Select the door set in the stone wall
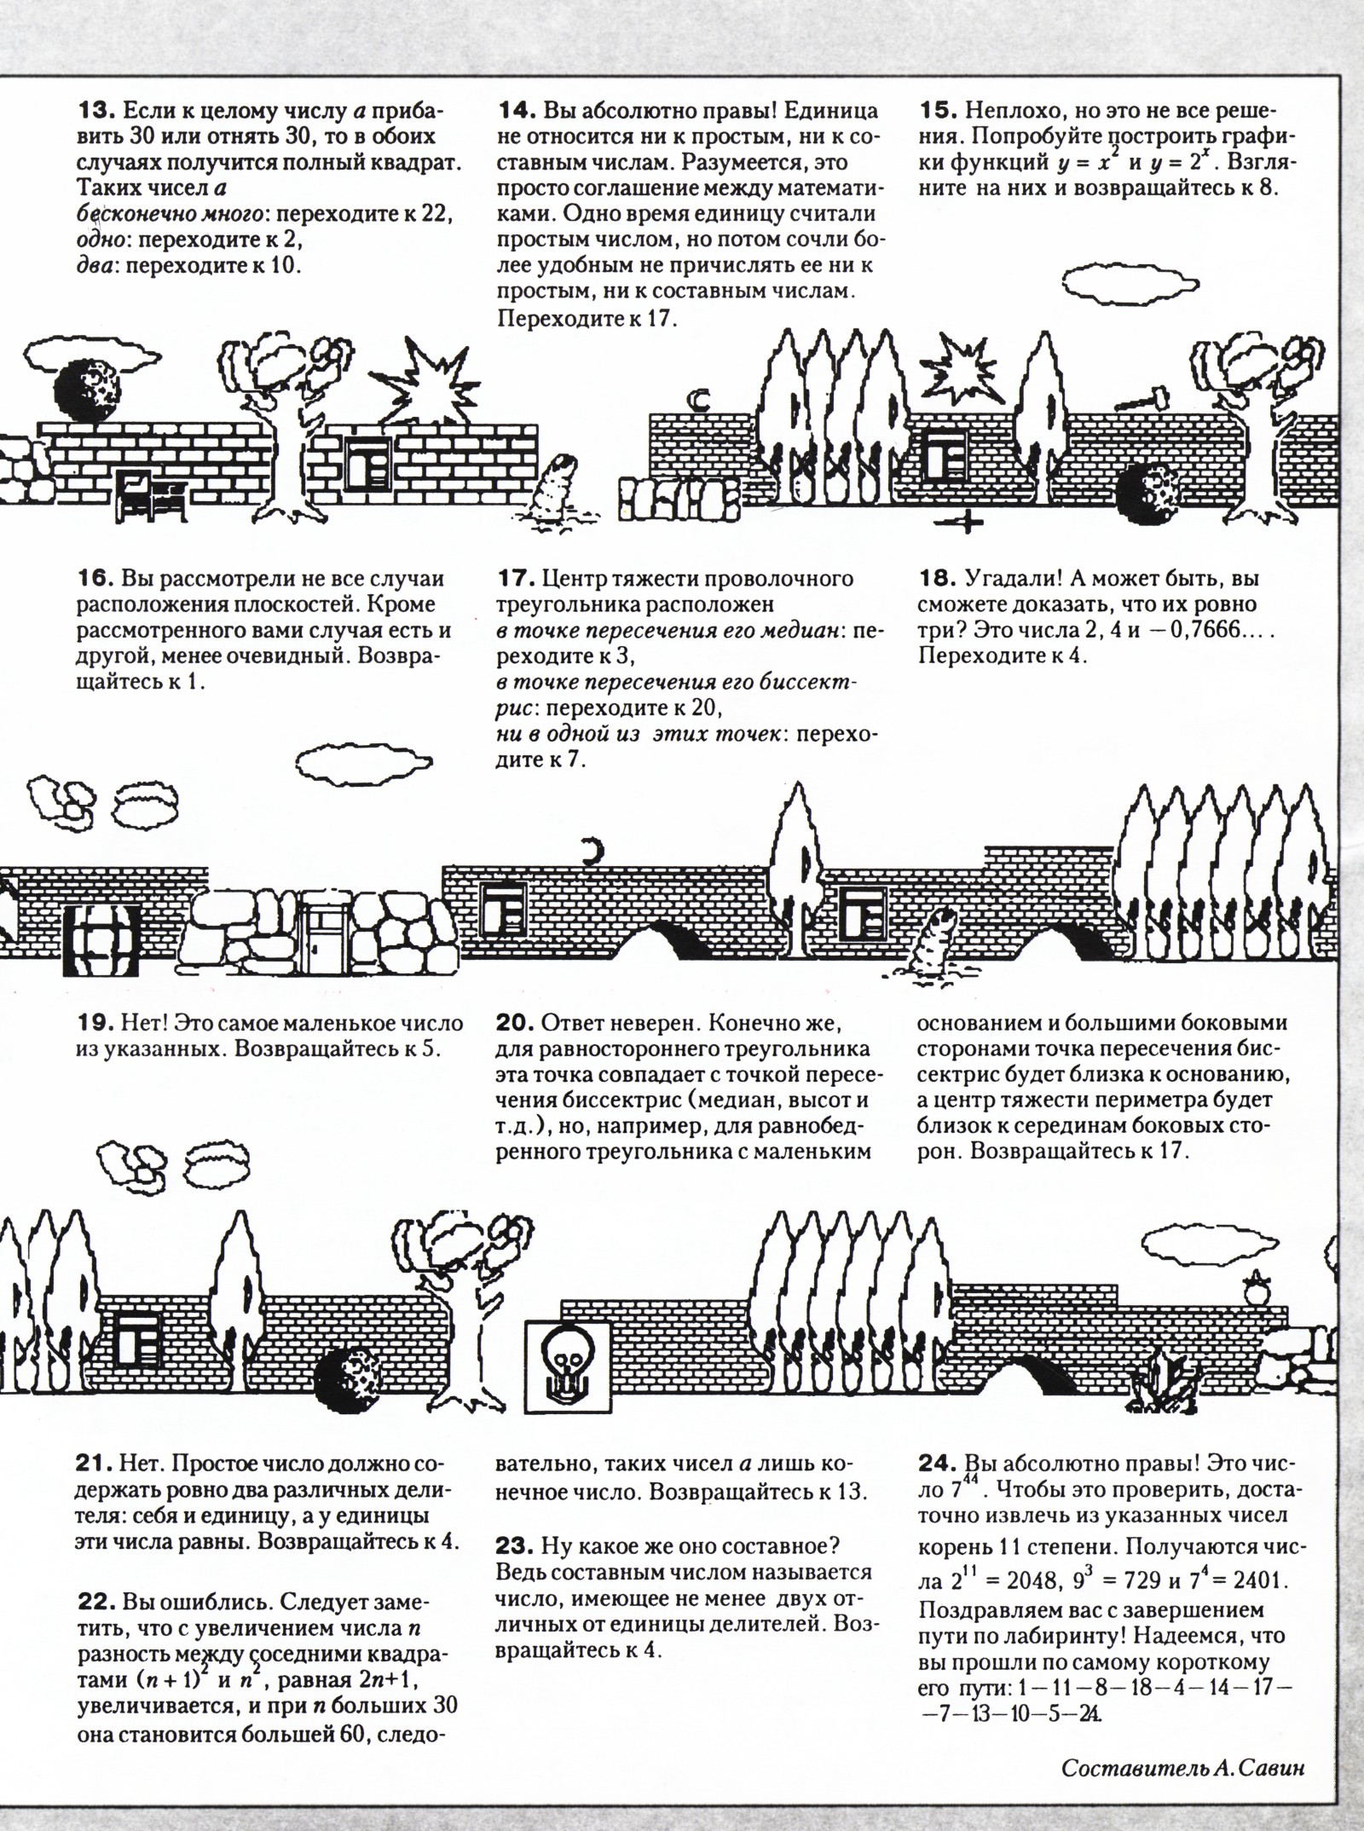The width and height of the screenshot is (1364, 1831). point(326,933)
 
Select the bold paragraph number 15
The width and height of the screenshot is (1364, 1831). point(939,111)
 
